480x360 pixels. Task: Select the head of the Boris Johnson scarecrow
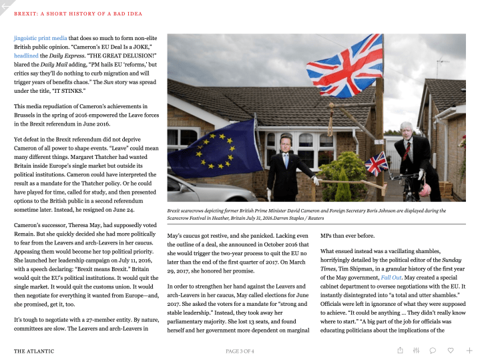click(406, 130)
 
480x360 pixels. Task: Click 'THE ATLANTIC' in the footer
click(35, 351)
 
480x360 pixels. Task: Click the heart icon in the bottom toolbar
click(451, 350)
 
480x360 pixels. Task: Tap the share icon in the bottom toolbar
click(400, 350)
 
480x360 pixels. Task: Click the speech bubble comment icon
click(433, 350)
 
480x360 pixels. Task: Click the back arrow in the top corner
click(6, 6)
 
